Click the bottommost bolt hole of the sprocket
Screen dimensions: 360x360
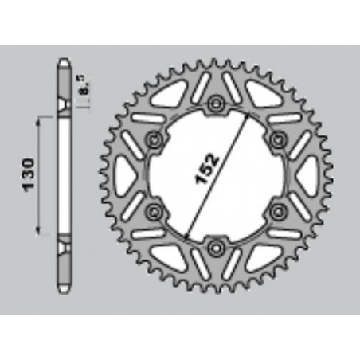pyautogui.click(x=215, y=247)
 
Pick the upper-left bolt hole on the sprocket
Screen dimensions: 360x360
pyautogui.click(x=154, y=139)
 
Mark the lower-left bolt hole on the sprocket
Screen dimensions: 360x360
pyautogui.click(x=154, y=211)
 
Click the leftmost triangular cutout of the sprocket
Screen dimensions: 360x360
pyautogui.click(x=129, y=175)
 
